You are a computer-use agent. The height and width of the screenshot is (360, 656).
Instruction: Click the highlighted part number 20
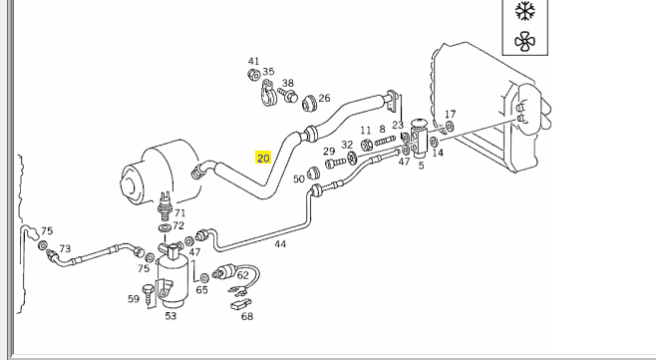[263, 159]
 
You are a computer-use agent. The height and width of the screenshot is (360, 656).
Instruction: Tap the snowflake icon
[525, 11]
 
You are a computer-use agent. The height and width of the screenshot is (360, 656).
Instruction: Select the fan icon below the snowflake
[525, 42]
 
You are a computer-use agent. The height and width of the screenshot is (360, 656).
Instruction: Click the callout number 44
[280, 244]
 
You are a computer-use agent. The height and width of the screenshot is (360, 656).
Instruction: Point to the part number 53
[170, 316]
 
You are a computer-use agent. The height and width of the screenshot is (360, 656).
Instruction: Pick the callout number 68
[247, 316]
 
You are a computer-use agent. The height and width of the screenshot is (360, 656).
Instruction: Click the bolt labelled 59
[149, 294]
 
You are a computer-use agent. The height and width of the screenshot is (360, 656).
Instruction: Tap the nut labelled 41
[253, 75]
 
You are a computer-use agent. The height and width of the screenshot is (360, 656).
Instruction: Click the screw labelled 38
[288, 95]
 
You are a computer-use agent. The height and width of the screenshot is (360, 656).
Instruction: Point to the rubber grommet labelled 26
[310, 103]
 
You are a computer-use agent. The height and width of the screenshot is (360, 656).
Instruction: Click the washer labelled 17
[450, 126]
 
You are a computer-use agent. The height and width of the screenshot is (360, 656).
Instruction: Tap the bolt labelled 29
[335, 163]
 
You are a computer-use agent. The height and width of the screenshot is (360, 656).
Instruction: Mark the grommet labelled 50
[313, 174]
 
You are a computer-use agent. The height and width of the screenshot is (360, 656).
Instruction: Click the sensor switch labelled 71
[165, 205]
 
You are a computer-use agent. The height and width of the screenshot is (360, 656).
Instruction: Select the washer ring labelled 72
[164, 228]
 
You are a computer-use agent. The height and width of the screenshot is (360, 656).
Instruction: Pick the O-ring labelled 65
[204, 278]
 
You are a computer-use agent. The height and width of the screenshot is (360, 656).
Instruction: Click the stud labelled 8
[385, 141]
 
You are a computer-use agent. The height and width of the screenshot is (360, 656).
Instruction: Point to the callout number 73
[65, 249]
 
